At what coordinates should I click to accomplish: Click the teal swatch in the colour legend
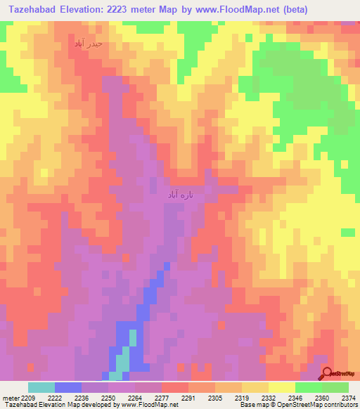pyautogui.click(x=41, y=387)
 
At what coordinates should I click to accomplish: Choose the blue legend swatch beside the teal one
pyautogui.click(x=67, y=387)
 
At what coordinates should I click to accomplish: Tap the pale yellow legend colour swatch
pyautogui.click(x=281, y=387)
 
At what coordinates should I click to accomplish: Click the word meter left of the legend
pyautogui.click(x=10, y=397)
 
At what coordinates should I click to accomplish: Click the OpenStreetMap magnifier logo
pyautogui.click(x=328, y=373)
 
